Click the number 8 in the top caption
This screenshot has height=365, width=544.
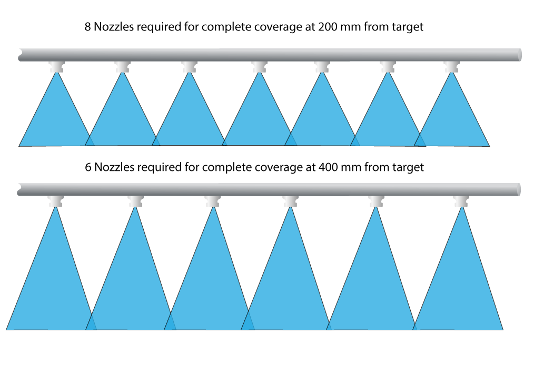coord(88,27)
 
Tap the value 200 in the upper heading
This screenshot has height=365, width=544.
coord(328,27)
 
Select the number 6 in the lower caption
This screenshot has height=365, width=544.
coord(88,167)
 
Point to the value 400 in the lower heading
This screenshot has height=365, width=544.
coord(328,167)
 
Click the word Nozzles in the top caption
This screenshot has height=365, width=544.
coord(114,27)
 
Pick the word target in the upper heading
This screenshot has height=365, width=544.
coord(408,27)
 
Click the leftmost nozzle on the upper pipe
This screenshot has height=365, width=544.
coord(57,67)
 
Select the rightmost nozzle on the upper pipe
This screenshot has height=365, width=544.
coord(452,67)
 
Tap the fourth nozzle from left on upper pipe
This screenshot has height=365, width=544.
coord(259,67)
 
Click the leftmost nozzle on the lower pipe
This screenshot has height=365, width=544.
coord(55,201)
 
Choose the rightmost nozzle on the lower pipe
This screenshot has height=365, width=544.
coord(461,201)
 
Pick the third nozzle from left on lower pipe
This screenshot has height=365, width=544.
coord(213,201)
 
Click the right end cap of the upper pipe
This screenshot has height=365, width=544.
coord(520,55)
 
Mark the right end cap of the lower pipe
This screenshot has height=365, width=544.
coord(519,190)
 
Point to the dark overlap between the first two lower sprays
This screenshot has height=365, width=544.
coord(91,324)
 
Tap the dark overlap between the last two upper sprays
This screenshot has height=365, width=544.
coord(420,141)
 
